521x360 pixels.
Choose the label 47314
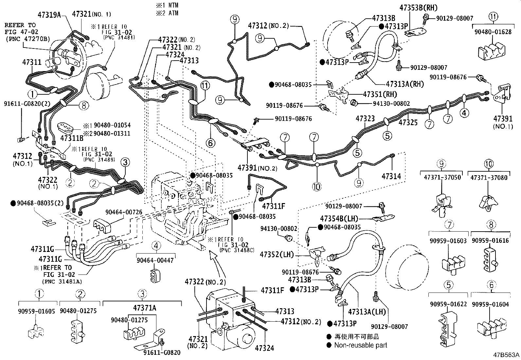(391, 176)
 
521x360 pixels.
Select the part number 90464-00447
(155, 260)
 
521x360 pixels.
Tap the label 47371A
(144, 308)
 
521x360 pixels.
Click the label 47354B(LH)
(339, 218)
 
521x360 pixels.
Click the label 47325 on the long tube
(408, 122)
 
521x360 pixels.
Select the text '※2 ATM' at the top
(167, 13)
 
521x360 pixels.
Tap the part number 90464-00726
(124, 212)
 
